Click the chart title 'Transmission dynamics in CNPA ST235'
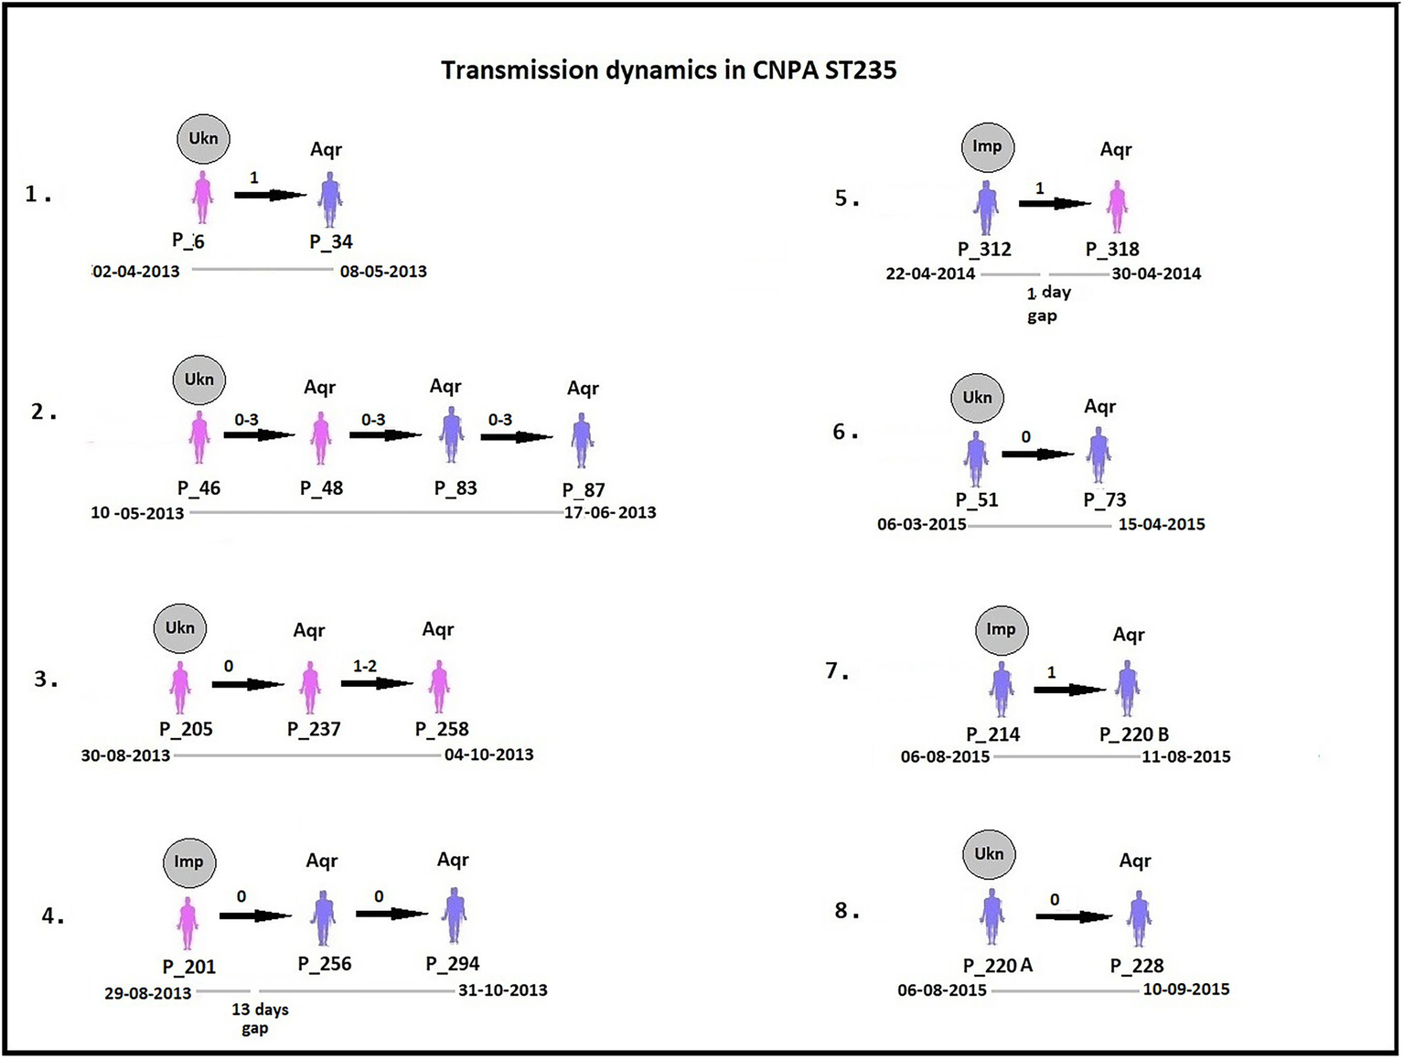[x=669, y=70]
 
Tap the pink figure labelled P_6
[x=202, y=198]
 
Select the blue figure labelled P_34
[x=330, y=198]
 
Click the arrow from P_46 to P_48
[x=259, y=435]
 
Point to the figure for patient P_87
[x=581, y=441]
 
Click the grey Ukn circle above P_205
[x=180, y=627]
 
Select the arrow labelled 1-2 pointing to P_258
[x=377, y=683]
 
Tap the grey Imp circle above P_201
[x=188, y=862]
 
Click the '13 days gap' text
[x=259, y=1019]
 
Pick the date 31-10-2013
[x=502, y=990]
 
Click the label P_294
[x=452, y=963]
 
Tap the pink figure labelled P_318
[x=1116, y=206]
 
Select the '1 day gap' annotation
[x=1045, y=304]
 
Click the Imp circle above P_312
[x=987, y=146]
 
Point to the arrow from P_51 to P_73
[x=1037, y=454]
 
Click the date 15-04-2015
[x=1161, y=524]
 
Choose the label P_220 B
[x=1133, y=734]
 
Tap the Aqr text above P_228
[x=1134, y=861]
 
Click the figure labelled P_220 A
[x=991, y=917]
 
